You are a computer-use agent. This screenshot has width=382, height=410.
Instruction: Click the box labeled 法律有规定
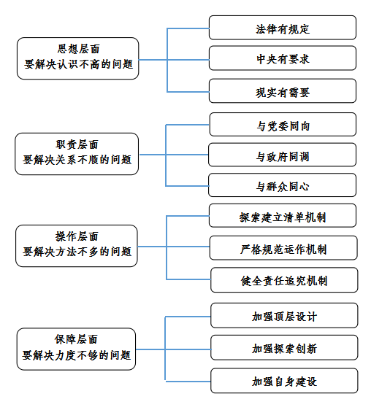point(283,28)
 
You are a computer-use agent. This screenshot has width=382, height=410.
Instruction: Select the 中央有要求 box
point(283,58)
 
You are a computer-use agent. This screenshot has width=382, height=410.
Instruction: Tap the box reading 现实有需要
point(283,90)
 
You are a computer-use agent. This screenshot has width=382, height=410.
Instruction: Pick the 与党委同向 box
point(283,125)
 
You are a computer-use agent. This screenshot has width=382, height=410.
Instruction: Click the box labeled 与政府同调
point(282,155)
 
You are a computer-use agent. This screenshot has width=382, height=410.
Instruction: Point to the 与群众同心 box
point(282,185)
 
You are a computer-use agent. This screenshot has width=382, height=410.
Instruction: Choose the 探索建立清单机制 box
point(283,215)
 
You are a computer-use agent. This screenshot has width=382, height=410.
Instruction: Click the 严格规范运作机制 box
point(283,248)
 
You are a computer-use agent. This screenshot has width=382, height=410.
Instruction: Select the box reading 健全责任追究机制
point(284,280)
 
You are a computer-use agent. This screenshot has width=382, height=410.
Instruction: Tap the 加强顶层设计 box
point(284,315)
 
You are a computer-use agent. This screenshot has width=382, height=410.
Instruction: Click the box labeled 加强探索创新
point(284,347)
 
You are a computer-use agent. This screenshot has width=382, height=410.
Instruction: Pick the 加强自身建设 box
point(284,381)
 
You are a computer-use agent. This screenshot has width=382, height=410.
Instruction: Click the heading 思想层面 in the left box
point(79,49)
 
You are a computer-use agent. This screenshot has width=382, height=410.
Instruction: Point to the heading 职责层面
point(77,144)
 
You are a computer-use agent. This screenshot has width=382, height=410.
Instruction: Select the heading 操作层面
point(77,236)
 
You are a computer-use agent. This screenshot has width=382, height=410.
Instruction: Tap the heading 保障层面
point(76,339)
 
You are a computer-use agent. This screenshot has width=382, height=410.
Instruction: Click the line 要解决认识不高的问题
point(79,64)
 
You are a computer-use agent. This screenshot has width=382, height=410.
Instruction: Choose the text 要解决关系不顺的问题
point(77,160)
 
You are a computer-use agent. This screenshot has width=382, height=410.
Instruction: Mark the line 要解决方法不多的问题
point(77,252)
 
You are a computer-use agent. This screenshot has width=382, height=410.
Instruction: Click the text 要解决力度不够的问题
point(76,355)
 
